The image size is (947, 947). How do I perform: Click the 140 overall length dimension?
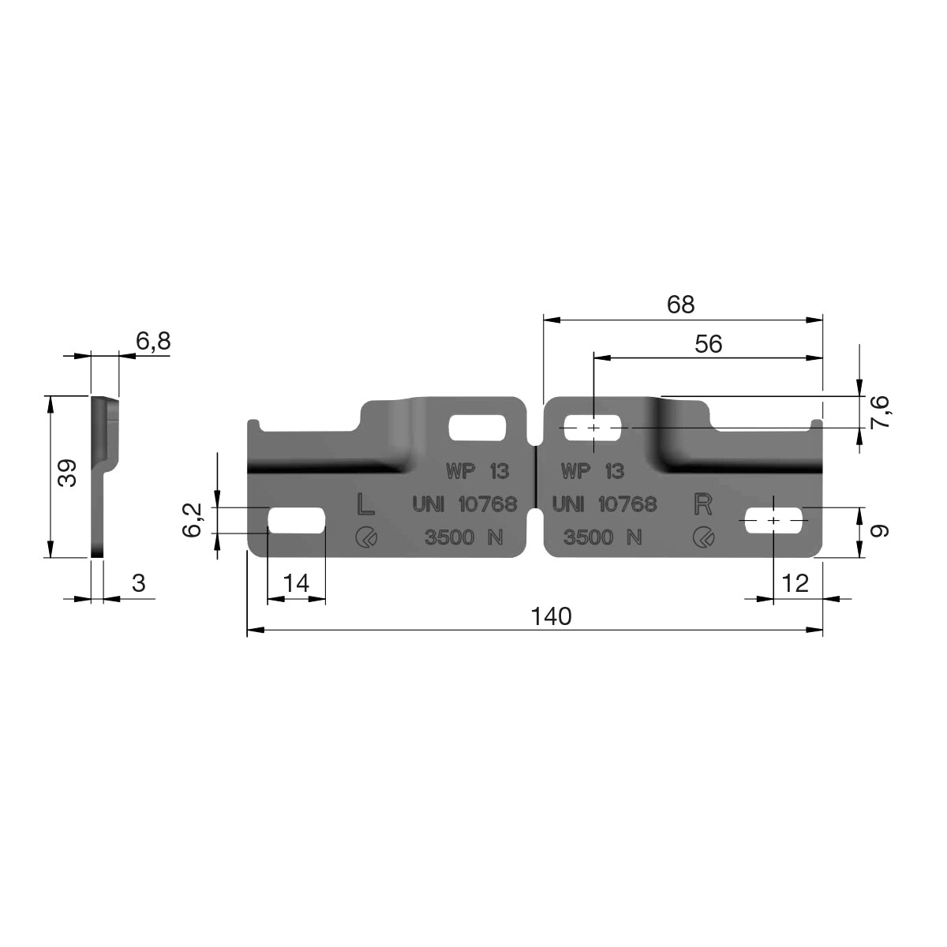click(x=552, y=616)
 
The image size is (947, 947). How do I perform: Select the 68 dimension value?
click(x=680, y=305)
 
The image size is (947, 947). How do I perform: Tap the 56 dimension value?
click(x=708, y=344)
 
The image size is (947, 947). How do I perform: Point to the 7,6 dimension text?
click(x=879, y=412)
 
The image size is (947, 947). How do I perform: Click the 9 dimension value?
click(x=879, y=531)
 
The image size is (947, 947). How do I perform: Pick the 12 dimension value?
click(x=795, y=583)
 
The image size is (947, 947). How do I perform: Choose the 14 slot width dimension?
click(x=297, y=583)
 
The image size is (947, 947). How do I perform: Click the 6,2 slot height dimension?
click(x=192, y=520)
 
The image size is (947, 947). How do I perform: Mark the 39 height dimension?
click(x=67, y=473)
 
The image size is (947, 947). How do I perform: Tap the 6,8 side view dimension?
click(x=153, y=341)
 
